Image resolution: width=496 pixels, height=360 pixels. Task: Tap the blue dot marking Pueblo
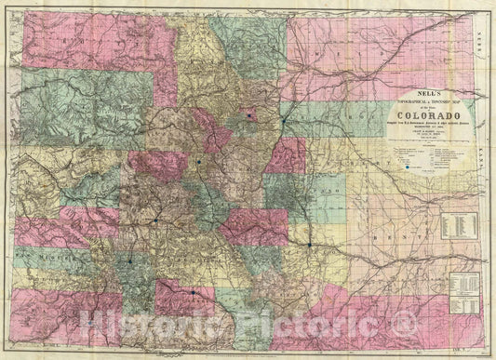(308, 245)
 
